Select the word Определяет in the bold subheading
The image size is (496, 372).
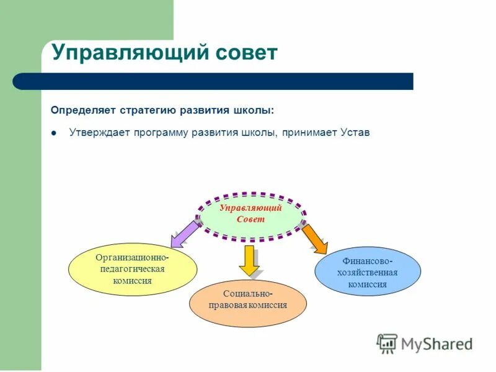pos(79,110)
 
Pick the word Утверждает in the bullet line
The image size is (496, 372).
pos(98,133)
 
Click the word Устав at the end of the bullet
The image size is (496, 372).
pos(355,133)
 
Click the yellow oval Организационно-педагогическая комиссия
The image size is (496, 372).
pos(132,268)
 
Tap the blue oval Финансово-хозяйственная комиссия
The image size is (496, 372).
pos(368,271)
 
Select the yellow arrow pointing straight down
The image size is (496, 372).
pos(250,260)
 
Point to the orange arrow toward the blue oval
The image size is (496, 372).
pos(315,239)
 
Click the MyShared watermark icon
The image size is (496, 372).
pos(387,343)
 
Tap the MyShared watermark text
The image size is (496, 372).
pos(436,343)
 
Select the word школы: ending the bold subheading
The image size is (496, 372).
pos(257,110)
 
